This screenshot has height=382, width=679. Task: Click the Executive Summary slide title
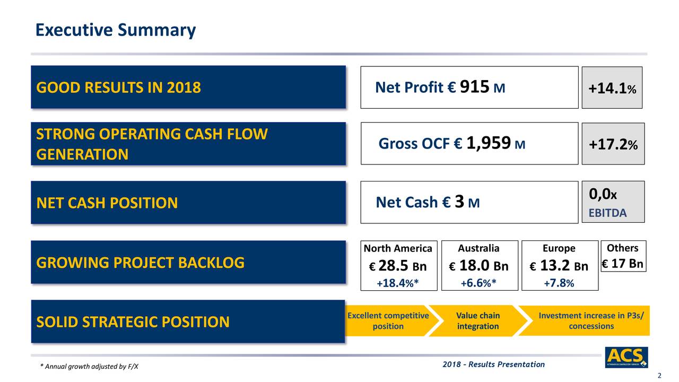click(115, 30)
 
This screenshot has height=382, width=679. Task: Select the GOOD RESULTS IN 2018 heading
click(118, 88)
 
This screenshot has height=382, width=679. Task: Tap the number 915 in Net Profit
click(474, 86)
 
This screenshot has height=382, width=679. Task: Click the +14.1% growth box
click(612, 89)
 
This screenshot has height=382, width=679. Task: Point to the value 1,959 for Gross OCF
click(489, 143)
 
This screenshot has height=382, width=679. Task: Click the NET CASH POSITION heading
click(107, 203)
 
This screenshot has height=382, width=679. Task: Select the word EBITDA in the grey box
click(607, 213)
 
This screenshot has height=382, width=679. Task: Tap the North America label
click(398, 249)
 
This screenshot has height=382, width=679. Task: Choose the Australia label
click(478, 248)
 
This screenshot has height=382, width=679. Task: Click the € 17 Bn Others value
click(623, 264)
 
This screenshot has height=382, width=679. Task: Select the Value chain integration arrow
click(477, 321)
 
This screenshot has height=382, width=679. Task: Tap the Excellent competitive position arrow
click(388, 321)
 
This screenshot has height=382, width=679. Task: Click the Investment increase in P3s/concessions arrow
click(591, 321)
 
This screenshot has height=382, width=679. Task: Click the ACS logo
click(626, 357)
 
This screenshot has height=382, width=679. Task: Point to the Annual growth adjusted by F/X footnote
click(89, 367)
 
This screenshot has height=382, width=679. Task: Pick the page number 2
click(659, 376)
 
